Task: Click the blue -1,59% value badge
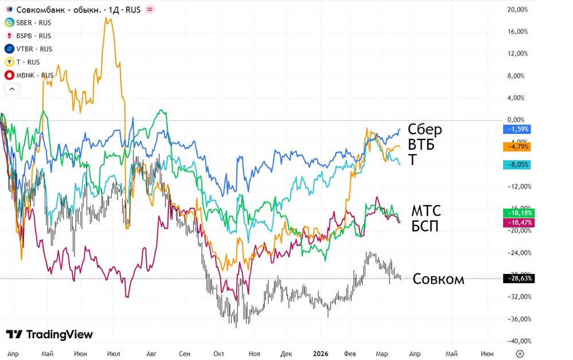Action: [516, 129]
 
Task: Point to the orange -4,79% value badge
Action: [516, 146]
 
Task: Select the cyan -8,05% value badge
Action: [516, 165]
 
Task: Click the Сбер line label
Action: [425, 130]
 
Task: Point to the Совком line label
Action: [438, 280]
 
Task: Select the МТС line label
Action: [426, 211]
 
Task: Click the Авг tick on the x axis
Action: [152, 354]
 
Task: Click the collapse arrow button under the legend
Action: [11, 89]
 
